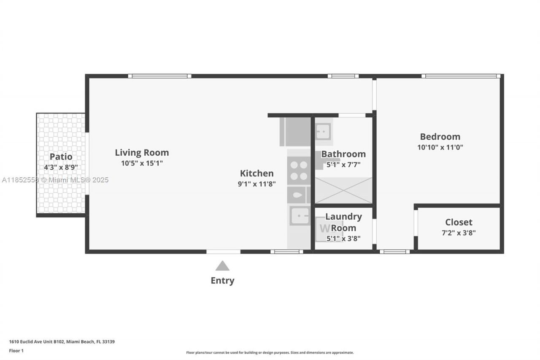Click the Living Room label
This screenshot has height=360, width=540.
tap(142, 152)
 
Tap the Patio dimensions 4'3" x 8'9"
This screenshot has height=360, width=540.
tap(61, 167)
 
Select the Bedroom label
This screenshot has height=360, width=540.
tap(440, 136)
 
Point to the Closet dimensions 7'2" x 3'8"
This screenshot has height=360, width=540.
tap(459, 232)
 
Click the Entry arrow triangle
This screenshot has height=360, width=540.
tap(222, 266)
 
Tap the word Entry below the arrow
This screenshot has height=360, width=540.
tap(222, 281)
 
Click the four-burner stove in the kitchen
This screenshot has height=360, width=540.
tap(299, 171)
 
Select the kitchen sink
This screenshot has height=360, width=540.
tap(300, 217)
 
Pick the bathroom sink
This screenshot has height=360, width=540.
tap(323, 131)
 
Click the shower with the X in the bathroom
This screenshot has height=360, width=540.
tap(343, 190)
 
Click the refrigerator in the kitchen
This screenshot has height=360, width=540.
tap(295, 132)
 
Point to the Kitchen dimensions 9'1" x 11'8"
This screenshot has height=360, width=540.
tap(256, 184)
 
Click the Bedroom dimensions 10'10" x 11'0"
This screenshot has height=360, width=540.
tap(440, 147)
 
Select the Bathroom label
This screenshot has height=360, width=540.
tap(343, 154)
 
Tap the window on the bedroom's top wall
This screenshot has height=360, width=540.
tap(461, 76)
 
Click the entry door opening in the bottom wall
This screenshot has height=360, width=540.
tap(223, 252)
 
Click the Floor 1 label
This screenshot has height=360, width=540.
tap(16, 351)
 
